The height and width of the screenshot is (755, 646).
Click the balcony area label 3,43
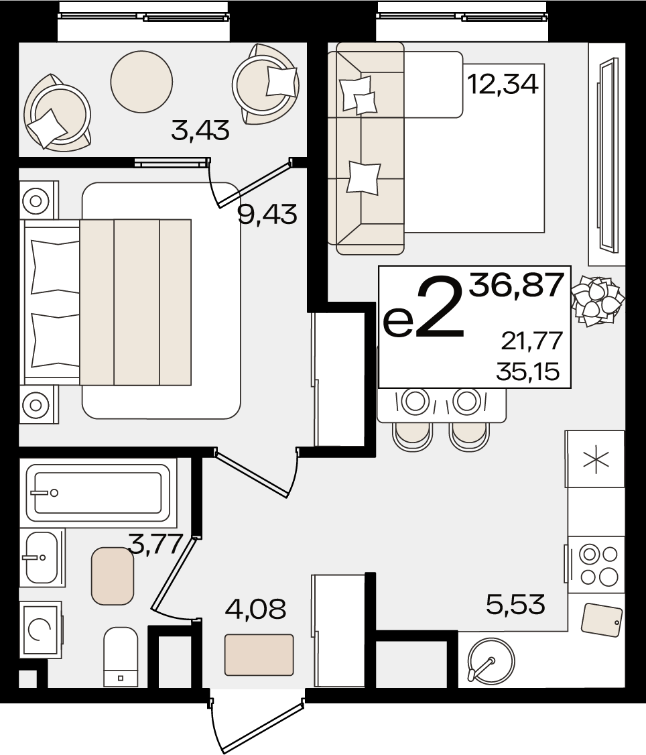coord(200,131)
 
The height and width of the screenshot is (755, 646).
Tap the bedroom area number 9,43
coord(267,214)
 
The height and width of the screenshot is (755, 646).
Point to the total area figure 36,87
coord(517,284)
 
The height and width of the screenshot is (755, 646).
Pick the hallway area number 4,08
coord(255,608)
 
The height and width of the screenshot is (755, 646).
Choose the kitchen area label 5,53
coord(515,604)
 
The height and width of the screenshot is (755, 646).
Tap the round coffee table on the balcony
coord(141,81)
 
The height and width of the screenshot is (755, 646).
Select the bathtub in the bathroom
coord(99,493)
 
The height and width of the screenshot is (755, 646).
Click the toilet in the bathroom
coord(121,656)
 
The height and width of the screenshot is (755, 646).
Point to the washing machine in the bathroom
coord(40,630)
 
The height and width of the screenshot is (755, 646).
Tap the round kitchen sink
coord(491,660)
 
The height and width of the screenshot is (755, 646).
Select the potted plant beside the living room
coord(597,300)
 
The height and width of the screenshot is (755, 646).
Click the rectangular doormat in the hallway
coord(259,655)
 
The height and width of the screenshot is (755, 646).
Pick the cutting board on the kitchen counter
coord(602,620)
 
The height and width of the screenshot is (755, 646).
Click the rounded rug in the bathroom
coord(113,576)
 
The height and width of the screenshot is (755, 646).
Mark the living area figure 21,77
coord(532,341)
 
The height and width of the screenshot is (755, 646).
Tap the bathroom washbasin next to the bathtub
coord(42,558)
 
